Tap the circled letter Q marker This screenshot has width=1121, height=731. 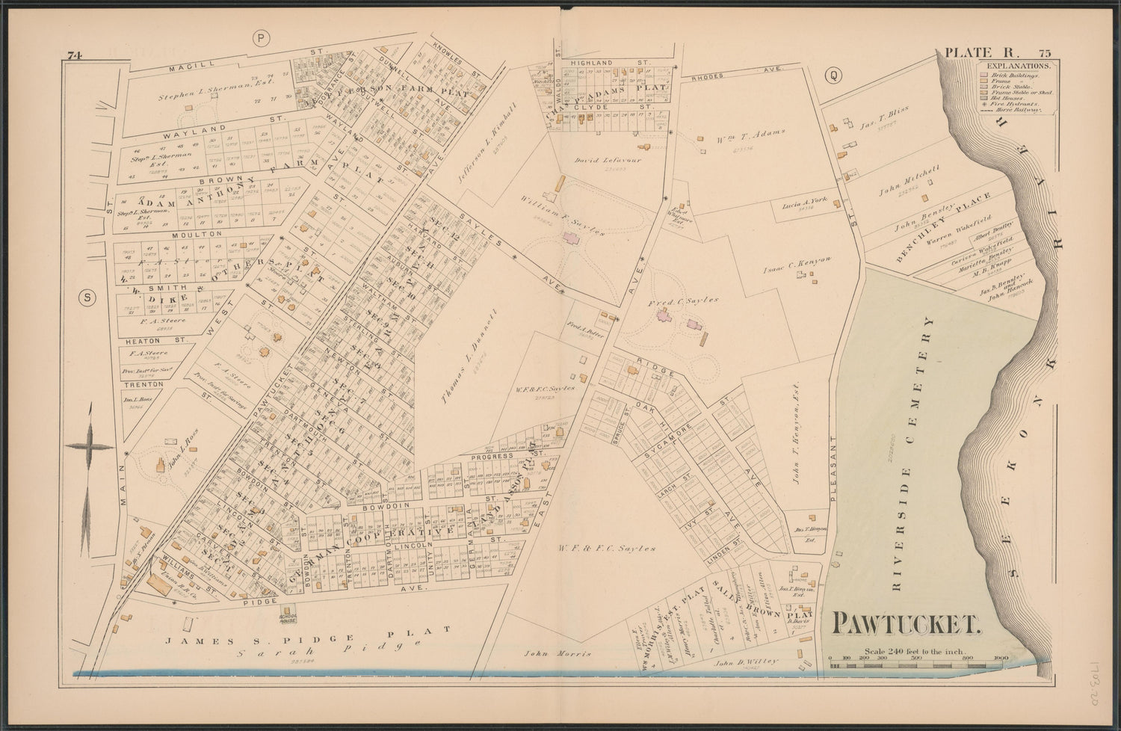tap(830, 75)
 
